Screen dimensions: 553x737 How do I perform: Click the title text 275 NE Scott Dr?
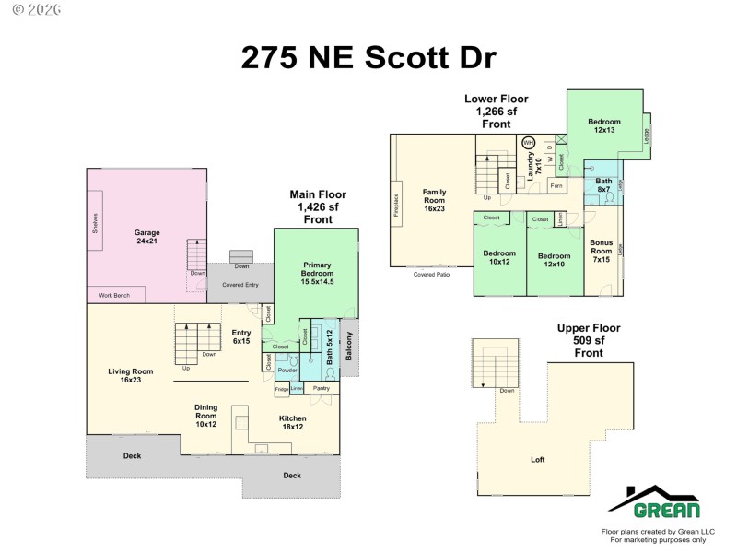(368, 56)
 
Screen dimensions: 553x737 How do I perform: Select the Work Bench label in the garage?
(115, 296)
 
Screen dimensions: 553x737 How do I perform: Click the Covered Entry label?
(240, 285)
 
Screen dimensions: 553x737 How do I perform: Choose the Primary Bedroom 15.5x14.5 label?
(316, 274)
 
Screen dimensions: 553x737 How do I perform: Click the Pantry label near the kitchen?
(322, 389)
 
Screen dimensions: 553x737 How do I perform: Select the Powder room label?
(287, 370)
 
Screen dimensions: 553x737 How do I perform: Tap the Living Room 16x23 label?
(130, 377)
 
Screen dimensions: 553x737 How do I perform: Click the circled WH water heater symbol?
(528, 143)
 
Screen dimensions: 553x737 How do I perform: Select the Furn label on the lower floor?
(556, 186)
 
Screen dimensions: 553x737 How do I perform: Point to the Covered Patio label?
(431, 275)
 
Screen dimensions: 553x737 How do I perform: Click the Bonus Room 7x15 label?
(601, 251)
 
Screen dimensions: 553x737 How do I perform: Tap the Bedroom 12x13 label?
(604, 126)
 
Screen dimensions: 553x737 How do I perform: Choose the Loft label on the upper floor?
(537, 459)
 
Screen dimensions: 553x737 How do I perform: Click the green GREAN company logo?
(653, 503)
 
